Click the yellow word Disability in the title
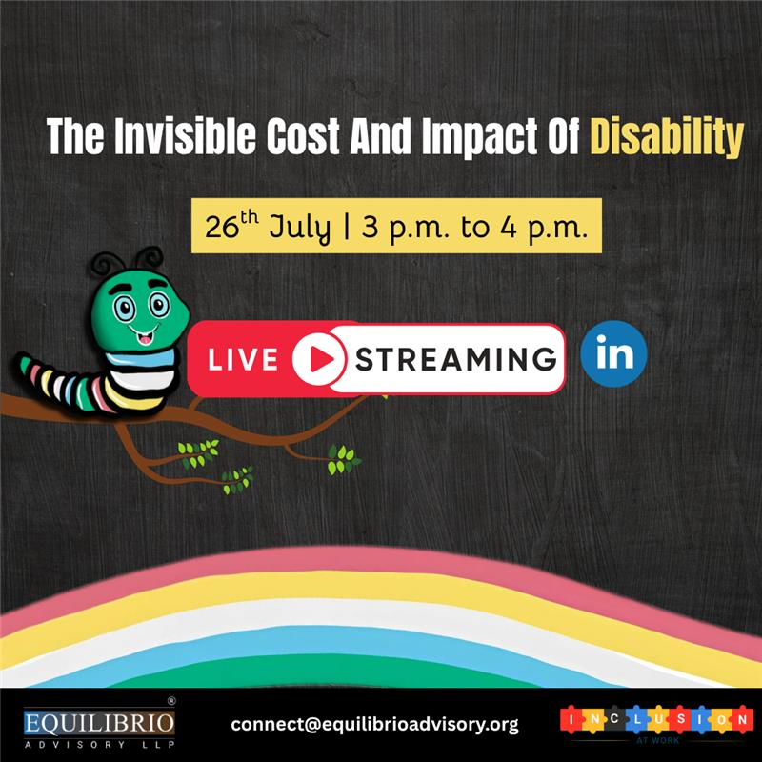pyautogui.click(x=666, y=139)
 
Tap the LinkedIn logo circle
pyautogui.click(x=614, y=354)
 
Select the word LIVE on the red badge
pyautogui.click(x=243, y=360)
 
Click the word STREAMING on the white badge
pyautogui.click(x=455, y=359)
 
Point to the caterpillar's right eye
pyautogui.click(x=159, y=305)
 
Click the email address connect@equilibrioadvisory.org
pyautogui.click(x=374, y=725)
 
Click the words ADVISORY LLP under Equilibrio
pyautogui.click(x=99, y=742)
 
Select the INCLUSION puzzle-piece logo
pyautogui.click(x=653, y=721)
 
